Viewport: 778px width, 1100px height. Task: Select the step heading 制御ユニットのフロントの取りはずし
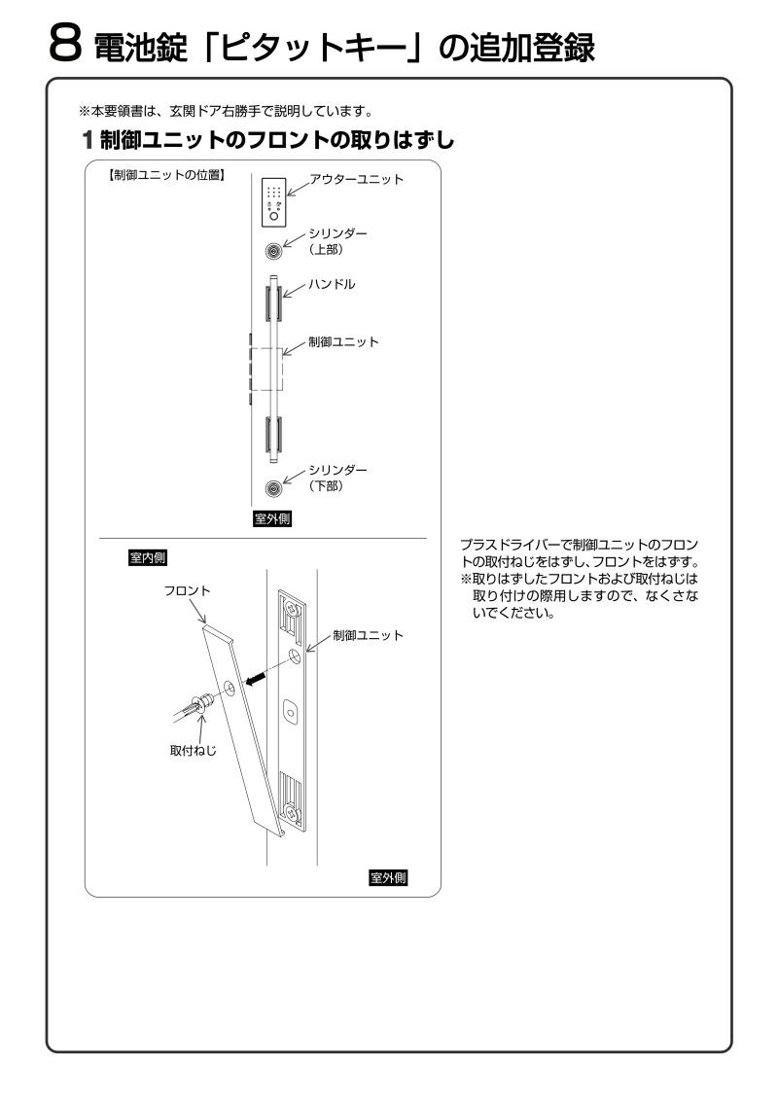pyautogui.click(x=277, y=140)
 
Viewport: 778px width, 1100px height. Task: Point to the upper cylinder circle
pyautogui.click(x=275, y=250)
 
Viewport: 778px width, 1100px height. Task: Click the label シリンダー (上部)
pyautogui.click(x=338, y=241)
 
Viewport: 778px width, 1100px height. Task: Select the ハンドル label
pyautogui.click(x=332, y=286)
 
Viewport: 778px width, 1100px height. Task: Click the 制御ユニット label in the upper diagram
pyautogui.click(x=342, y=342)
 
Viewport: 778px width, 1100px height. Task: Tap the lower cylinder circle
pyautogui.click(x=275, y=487)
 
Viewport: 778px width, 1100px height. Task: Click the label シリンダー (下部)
pyautogui.click(x=338, y=478)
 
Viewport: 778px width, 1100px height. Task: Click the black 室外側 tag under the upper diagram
pyautogui.click(x=272, y=518)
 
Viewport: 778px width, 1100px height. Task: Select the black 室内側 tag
pyautogui.click(x=148, y=558)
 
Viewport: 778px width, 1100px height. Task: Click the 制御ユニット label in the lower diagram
pyautogui.click(x=367, y=635)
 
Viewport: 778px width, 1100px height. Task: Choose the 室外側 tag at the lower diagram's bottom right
pyautogui.click(x=388, y=878)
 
